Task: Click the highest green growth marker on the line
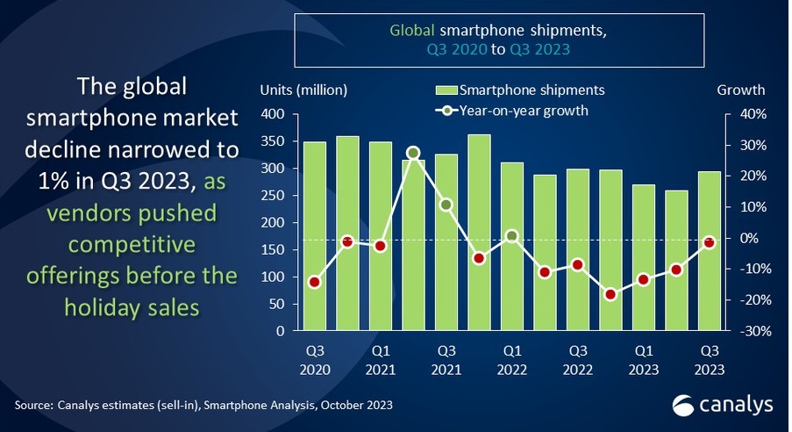pyautogui.click(x=413, y=153)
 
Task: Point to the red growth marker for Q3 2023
pyautogui.click(x=709, y=242)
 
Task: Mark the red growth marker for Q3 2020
pyautogui.click(x=314, y=282)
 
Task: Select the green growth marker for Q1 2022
pyautogui.click(x=511, y=236)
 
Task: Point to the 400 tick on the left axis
pyautogui.click(x=275, y=114)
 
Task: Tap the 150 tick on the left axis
pyautogui.click(x=275, y=250)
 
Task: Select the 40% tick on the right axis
pyautogui.click(x=753, y=114)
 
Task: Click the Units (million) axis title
pyautogui.click(x=303, y=90)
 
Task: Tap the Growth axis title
pyautogui.click(x=740, y=90)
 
